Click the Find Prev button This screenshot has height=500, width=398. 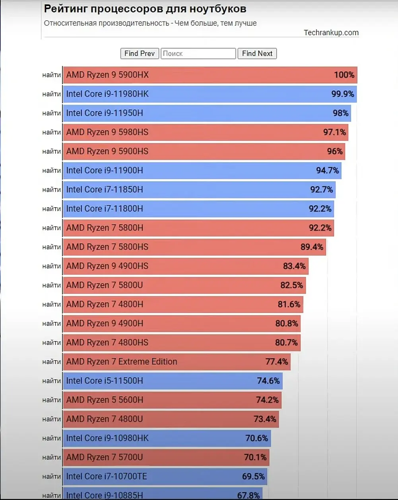(x=140, y=53)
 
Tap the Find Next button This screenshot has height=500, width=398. (x=257, y=53)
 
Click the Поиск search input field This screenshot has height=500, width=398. (x=198, y=53)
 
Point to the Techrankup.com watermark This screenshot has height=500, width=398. (x=331, y=33)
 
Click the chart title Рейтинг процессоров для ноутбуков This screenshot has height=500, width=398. (x=145, y=9)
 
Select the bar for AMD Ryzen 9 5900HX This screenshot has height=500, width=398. (x=210, y=75)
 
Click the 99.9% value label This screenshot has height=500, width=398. (x=343, y=94)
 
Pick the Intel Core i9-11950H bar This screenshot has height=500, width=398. (x=207, y=113)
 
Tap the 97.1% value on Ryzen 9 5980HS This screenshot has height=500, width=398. (x=334, y=132)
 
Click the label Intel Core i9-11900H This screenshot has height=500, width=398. (x=105, y=171)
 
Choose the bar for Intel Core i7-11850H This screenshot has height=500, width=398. (x=199, y=190)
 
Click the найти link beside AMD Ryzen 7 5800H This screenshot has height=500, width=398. (x=52, y=228)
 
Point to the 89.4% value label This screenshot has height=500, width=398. (x=312, y=247)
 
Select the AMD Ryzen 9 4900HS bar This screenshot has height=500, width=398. (x=185, y=266)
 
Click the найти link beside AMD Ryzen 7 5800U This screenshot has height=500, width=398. (x=52, y=285)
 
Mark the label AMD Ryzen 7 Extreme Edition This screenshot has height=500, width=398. (x=122, y=362)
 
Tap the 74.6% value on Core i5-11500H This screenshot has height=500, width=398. (x=268, y=381)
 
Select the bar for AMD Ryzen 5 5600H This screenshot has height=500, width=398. (x=172, y=400)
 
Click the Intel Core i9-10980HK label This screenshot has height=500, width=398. (x=107, y=438)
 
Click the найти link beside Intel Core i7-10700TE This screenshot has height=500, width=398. (x=52, y=476)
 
